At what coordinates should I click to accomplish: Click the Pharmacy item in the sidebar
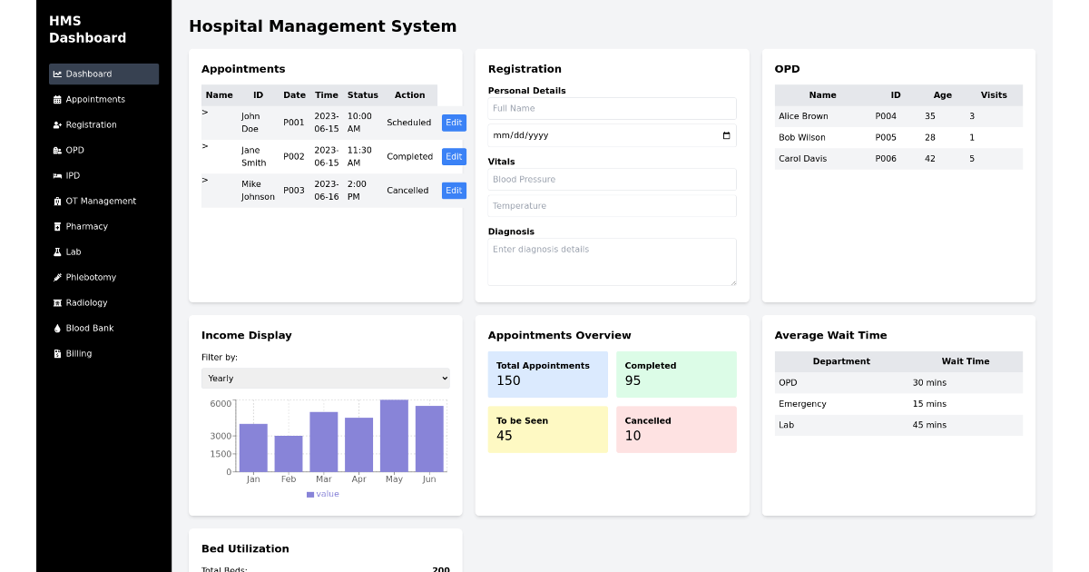(86, 226)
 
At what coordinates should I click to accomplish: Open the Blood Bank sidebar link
(89, 328)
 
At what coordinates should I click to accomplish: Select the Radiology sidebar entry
(86, 302)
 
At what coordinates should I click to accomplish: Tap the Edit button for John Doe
(454, 123)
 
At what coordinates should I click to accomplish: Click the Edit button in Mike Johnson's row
(454, 191)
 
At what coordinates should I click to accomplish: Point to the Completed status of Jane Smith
(409, 156)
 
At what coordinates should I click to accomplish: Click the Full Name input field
(612, 108)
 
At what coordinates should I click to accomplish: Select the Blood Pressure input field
(612, 179)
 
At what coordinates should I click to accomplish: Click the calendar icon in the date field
(726, 135)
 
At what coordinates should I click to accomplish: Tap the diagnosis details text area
(612, 261)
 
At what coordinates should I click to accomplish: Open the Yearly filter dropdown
(325, 378)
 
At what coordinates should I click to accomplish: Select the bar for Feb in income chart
(289, 453)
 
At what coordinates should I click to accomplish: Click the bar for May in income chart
(394, 436)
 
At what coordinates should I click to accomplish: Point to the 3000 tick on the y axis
(221, 436)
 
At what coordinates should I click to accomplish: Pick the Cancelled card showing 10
(676, 429)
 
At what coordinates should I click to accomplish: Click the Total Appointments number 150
(508, 380)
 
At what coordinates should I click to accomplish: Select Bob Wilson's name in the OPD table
(801, 137)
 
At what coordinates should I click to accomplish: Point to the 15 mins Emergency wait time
(929, 403)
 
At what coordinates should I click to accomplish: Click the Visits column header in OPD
(993, 94)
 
